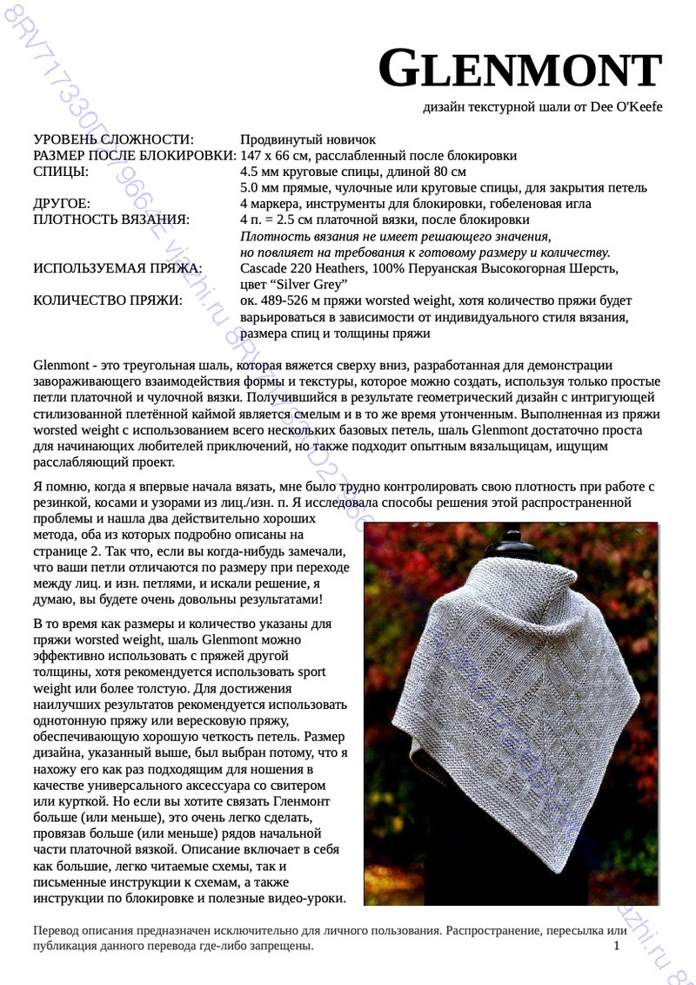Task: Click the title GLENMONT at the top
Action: point(520,69)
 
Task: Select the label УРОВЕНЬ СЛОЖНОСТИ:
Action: point(113,140)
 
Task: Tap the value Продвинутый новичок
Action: point(307,140)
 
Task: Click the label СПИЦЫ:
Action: point(60,172)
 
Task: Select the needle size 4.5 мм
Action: point(263,172)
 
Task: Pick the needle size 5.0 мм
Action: point(263,187)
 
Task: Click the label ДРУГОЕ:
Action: point(62,203)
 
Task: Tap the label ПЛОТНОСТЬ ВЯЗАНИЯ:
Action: point(110,219)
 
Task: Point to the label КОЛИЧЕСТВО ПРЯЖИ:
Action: point(108,300)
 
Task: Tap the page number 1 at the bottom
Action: point(616,946)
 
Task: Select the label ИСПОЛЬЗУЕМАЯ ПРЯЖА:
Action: point(117,268)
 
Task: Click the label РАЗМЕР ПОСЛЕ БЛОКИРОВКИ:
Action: point(134,156)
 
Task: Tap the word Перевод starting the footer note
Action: point(57,930)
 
